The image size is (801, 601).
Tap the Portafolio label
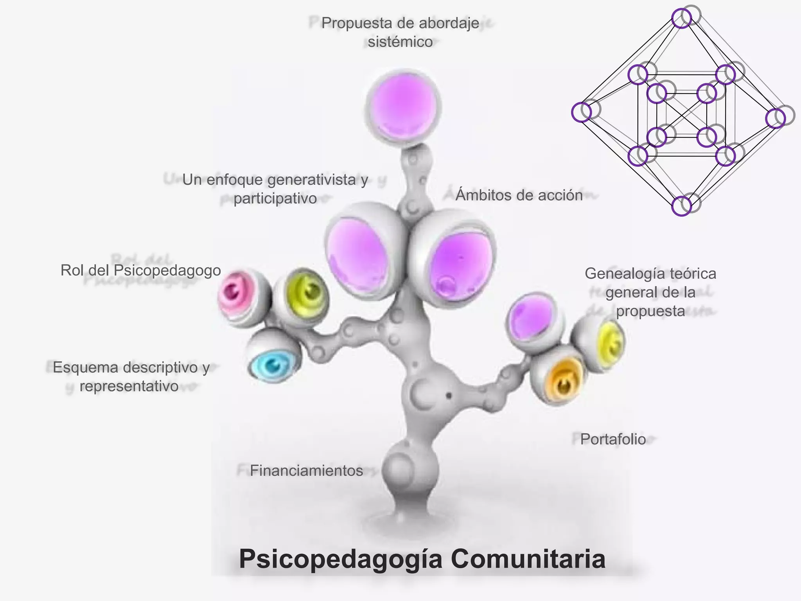pyautogui.click(x=613, y=439)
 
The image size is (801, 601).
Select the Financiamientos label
pyautogui.click(x=306, y=470)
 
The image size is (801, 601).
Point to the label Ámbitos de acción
pyautogui.click(x=519, y=195)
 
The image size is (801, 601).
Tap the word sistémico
pyautogui.click(x=400, y=42)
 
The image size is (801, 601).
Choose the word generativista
pyautogui.click(x=312, y=180)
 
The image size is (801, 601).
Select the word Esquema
pyautogui.click(x=86, y=367)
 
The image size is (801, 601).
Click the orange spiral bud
pyautogui.click(x=561, y=381)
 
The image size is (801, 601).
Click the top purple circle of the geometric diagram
pyautogui.click(x=681, y=18)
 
